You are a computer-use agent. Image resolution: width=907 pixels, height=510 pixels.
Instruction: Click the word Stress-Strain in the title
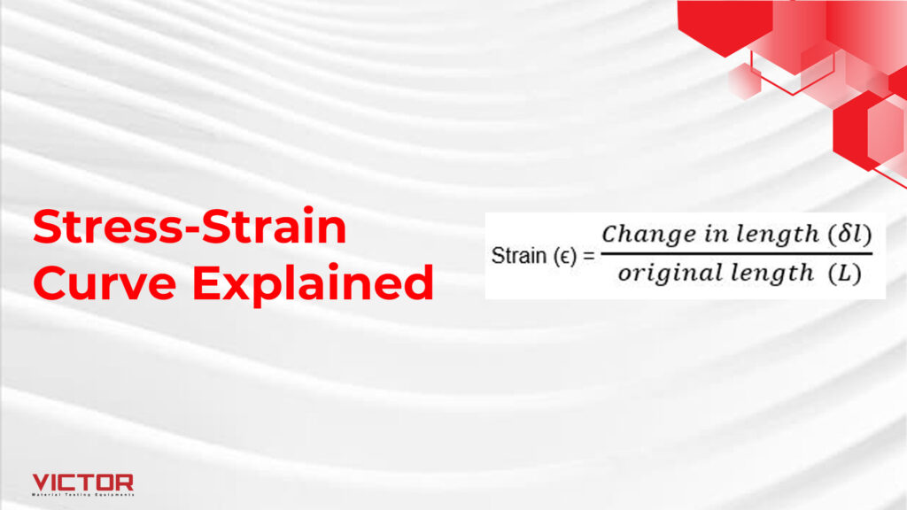click(190, 229)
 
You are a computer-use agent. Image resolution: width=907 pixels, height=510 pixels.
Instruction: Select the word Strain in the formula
click(518, 257)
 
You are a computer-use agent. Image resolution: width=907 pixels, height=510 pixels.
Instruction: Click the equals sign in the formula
click(588, 257)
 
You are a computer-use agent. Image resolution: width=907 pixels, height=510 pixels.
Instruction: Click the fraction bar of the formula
click(735, 254)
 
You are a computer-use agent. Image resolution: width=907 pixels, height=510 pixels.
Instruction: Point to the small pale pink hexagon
click(744, 81)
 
